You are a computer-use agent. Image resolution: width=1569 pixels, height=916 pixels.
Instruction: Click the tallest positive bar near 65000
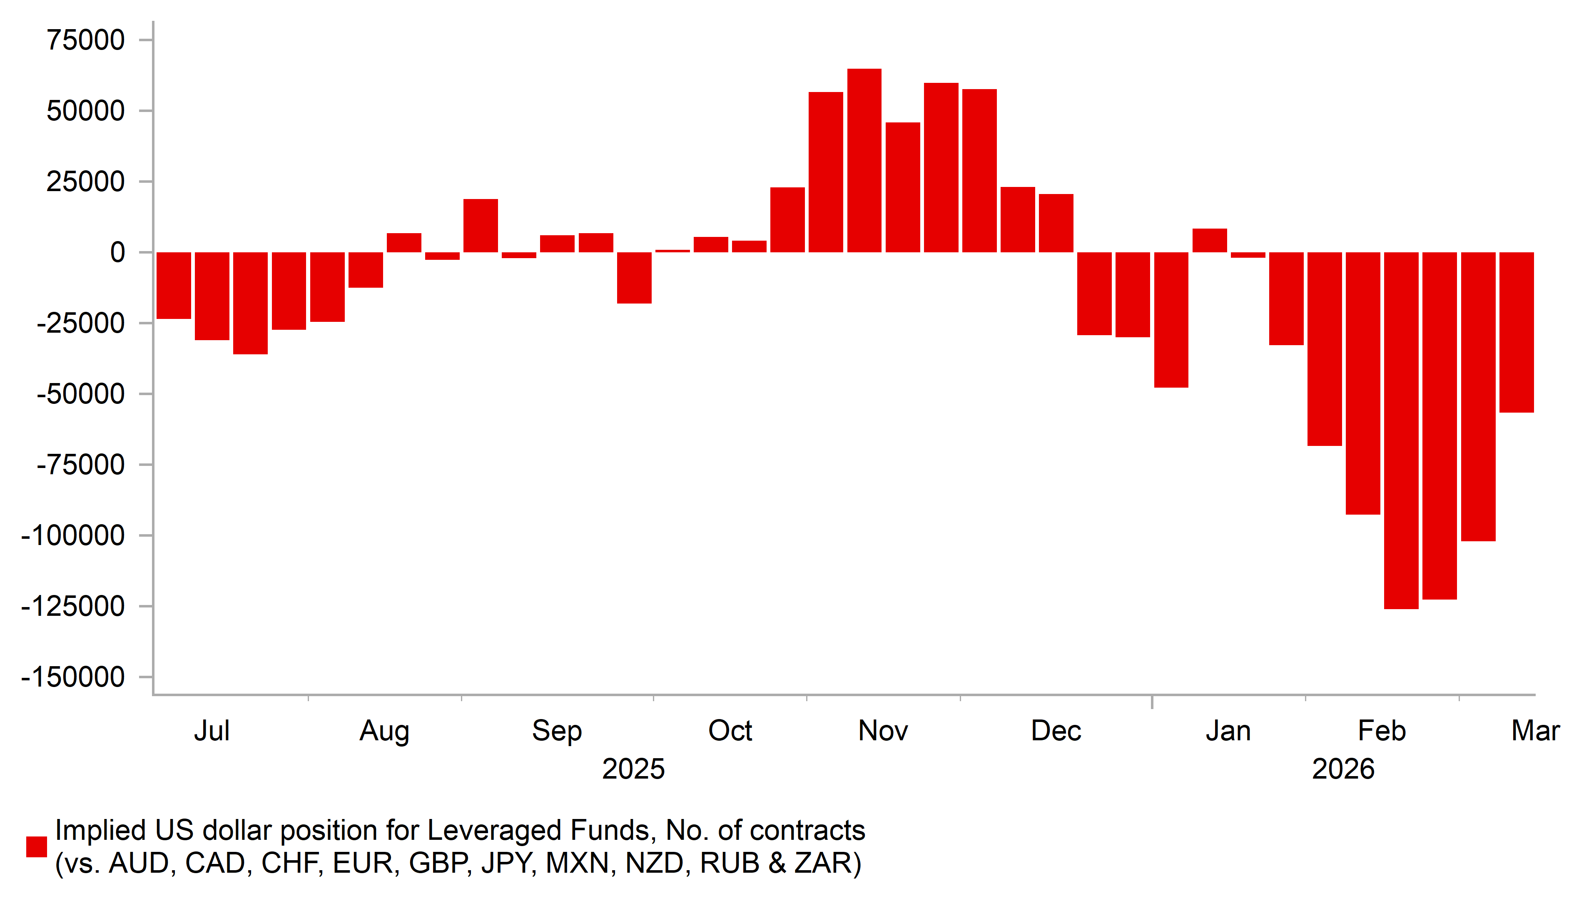864,161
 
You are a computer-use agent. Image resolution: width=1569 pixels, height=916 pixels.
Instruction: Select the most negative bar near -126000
1401,430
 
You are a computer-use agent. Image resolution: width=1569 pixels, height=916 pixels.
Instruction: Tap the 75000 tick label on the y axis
86,40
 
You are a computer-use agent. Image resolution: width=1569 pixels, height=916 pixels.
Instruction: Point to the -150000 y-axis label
73,677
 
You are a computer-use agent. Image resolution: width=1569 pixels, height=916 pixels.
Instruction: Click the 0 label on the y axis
117,253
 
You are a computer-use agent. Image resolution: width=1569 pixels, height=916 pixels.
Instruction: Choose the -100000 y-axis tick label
73,535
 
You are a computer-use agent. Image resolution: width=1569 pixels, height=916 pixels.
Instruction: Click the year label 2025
633,769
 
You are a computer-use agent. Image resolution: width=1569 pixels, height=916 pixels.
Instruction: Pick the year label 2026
1343,769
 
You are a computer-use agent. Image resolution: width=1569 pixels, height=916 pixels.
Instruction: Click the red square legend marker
36,847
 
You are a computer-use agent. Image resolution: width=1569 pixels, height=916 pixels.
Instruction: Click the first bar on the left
174,285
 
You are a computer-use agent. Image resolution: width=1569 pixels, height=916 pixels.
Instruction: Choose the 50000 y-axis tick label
86,112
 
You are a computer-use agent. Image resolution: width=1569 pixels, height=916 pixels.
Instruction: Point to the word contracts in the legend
807,831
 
